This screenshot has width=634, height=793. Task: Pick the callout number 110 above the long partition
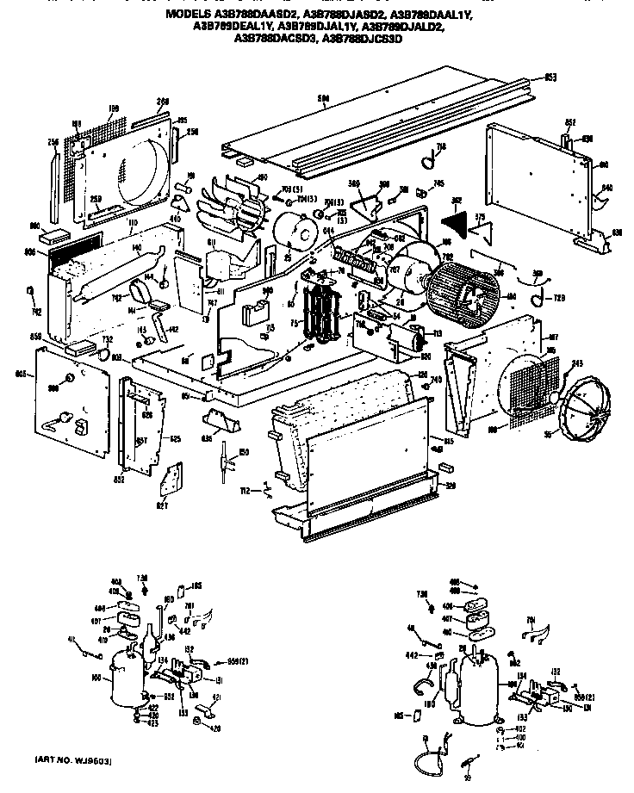click(x=133, y=222)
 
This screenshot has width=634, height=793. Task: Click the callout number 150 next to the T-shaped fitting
click(x=245, y=453)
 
